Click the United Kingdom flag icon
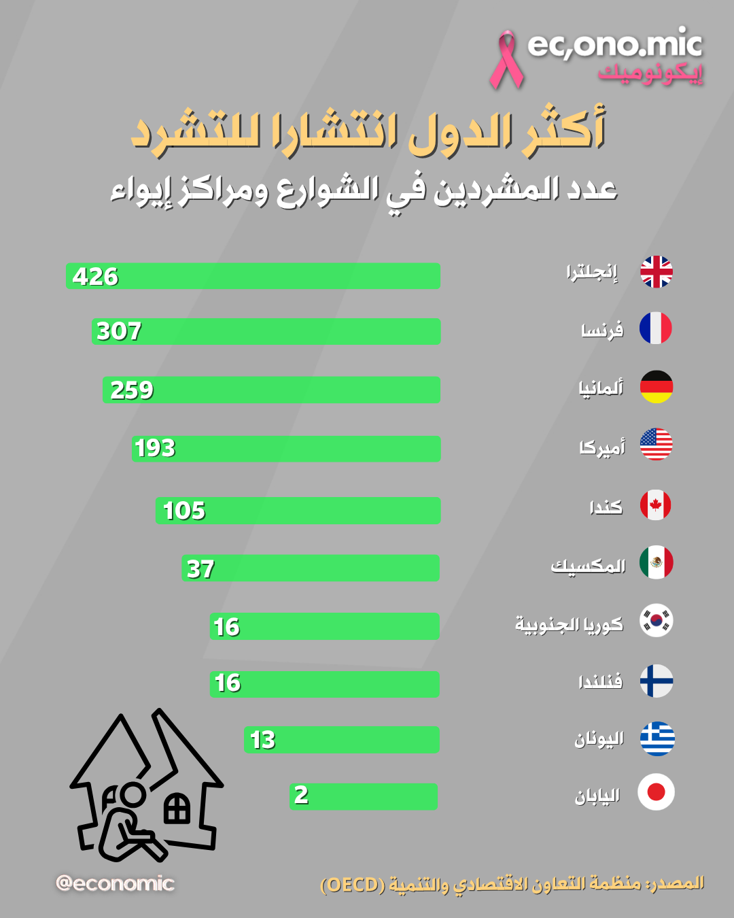pyautogui.click(x=656, y=272)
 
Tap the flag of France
pyautogui.click(x=656, y=328)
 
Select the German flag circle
pyautogui.click(x=656, y=387)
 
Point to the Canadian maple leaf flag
pyautogui.click(x=656, y=505)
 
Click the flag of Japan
pyautogui.click(x=656, y=792)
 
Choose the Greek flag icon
pyautogui.click(x=657, y=738)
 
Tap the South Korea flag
pyautogui.click(x=657, y=620)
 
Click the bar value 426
pyautogui.click(x=95, y=277)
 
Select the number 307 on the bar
pyautogui.click(x=119, y=331)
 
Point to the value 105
pyautogui.click(x=184, y=511)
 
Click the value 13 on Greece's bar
pyautogui.click(x=262, y=740)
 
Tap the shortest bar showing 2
pyautogui.click(x=363, y=796)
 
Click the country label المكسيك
pyautogui.click(x=588, y=566)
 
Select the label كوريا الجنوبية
pyautogui.click(x=569, y=624)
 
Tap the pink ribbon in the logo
pyautogui.click(x=506, y=60)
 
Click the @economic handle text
pyautogui.click(x=115, y=883)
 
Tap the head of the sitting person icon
pyautogui.click(x=133, y=795)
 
